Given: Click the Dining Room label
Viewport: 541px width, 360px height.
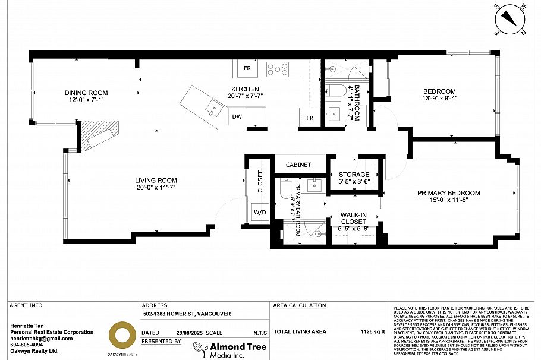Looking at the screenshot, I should tap(86, 93).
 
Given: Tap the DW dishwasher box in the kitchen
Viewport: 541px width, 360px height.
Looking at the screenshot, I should tap(237, 117).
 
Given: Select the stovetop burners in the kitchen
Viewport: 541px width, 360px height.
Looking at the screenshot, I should tap(276, 70).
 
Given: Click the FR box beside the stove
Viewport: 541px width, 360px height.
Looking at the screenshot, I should tap(247, 69).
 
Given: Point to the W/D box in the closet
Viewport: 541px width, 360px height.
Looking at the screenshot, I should tap(260, 212).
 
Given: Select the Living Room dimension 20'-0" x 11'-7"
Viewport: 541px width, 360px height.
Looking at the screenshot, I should tap(156, 188).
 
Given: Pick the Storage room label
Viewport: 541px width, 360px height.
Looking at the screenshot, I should tap(354, 175).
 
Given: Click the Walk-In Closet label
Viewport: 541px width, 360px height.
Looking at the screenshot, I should tap(353, 219).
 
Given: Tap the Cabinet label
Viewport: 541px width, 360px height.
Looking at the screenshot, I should tap(298, 165).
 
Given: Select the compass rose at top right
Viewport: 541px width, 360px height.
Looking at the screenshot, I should tap(511, 18).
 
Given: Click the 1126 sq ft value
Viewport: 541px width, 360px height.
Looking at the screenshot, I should tap(373, 331).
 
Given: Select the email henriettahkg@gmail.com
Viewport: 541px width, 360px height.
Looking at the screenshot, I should tap(42, 338).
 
